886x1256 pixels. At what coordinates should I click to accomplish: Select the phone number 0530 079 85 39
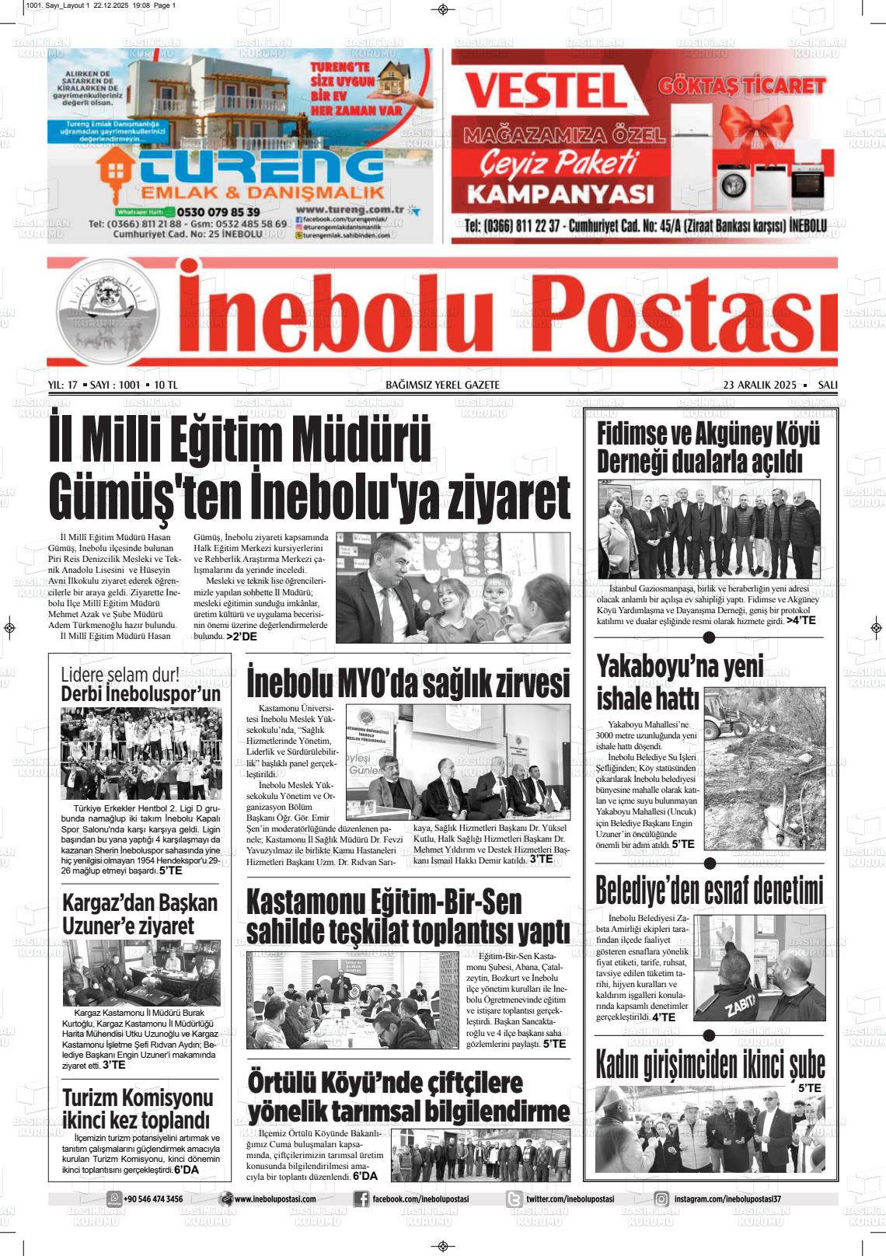click(218, 211)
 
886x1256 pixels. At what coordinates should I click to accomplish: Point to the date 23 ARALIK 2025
click(760, 385)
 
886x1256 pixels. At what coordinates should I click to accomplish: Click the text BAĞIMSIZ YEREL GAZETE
click(442, 385)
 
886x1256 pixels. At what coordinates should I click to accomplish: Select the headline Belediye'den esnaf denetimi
click(708, 891)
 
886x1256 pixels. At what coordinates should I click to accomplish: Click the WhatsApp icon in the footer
click(114, 1198)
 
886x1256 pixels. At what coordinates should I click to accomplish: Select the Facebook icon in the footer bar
click(361, 1199)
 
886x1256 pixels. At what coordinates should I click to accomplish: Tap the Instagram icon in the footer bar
click(661, 1199)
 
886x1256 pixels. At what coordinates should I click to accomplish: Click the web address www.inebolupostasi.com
click(274, 1199)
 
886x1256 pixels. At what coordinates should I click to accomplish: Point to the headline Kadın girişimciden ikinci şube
click(710, 1065)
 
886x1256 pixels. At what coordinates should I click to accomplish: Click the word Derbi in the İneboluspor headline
click(81, 693)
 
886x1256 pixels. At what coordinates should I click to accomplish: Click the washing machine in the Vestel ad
click(731, 187)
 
